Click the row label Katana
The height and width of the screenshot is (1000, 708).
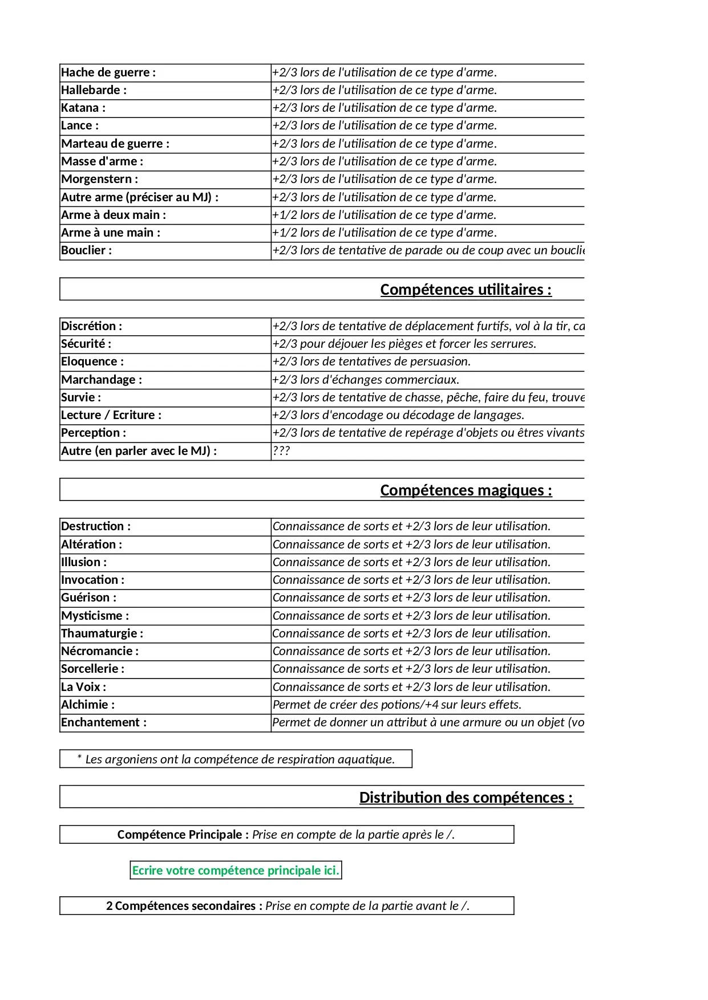pyautogui.click(x=83, y=108)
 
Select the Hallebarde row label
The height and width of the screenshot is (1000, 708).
pyautogui.click(x=94, y=90)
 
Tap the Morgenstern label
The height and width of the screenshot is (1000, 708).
pyautogui.click(x=100, y=179)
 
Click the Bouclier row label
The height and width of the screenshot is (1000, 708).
pyautogui.click(x=87, y=250)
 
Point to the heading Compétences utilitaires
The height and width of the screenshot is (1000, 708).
pyautogui.click(x=466, y=290)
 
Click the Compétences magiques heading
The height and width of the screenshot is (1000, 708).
pyautogui.click(x=466, y=490)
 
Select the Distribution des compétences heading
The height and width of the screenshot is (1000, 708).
pyautogui.click(x=466, y=797)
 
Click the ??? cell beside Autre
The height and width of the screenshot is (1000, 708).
pyautogui.click(x=281, y=451)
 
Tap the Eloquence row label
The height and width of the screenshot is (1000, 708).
pyautogui.click(x=92, y=361)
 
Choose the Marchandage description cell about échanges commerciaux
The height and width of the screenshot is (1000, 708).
pyautogui.click(x=366, y=380)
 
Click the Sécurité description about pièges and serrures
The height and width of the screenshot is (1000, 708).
pyautogui.click(x=404, y=344)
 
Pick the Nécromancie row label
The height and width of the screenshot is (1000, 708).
pyautogui.click(x=100, y=651)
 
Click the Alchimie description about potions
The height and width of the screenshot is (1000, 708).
pyautogui.click(x=397, y=705)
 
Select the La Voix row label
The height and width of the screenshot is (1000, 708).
pyautogui.click(x=84, y=687)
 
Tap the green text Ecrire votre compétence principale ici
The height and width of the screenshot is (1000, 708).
pyautogui.click(x=236, y=871)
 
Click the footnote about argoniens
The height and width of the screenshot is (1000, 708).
pyautogui.click(x=236, y=759)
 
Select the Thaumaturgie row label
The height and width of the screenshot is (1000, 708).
pyautogui.click(x=102, y=633)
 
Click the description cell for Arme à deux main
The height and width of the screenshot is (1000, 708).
pyautogui.click(x=384, y=215)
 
